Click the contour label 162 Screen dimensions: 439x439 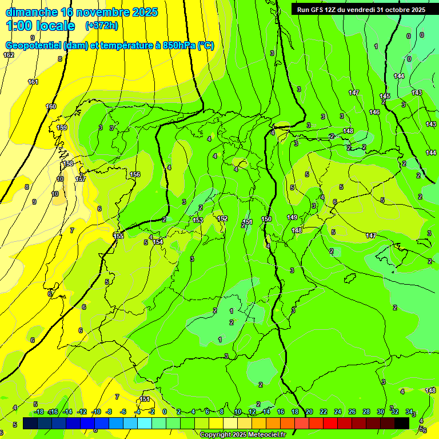tap(9, 55)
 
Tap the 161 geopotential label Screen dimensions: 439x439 tap(33, 82)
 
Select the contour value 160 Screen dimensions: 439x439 tap(51, 106)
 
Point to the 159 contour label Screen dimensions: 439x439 tap(62, 127)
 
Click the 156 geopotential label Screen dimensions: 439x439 tap(135, 174)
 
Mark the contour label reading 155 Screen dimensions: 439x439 tap(118, 236)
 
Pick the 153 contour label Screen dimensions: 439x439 tap(198, 220)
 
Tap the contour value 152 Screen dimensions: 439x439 tap(222, 218)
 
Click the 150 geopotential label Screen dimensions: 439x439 tap(266, 219)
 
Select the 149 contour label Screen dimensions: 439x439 tap(292, 217)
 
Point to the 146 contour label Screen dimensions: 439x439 tap(374, 112)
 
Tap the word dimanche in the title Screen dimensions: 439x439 tap(31, 12)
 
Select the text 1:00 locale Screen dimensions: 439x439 tap(41, 26)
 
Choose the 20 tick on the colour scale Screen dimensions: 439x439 tap(309, 412)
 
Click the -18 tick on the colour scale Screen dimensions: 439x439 tap(39, 412)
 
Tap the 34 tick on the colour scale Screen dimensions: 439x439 tap(409, 412)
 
